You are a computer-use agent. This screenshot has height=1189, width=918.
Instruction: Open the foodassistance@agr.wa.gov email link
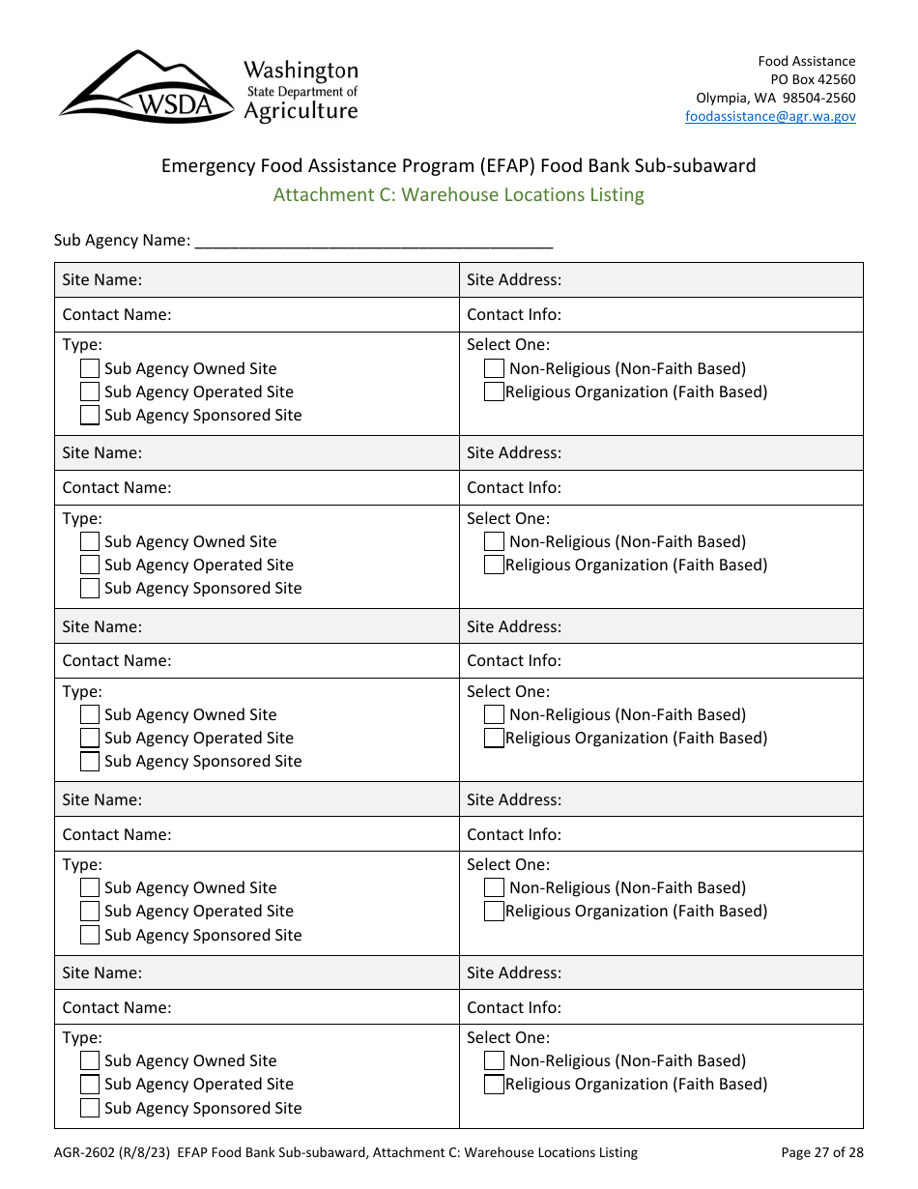pyautogui.click(x=770, y=116)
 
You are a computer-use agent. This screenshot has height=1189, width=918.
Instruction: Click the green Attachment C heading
pyautogui.click(x=458, y=194)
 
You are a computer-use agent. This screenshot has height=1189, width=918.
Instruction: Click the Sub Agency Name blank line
pyautogui.click(x=373, y=240)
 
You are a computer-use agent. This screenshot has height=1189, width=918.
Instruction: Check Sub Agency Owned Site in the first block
pyautogui.click(x=90, y=368)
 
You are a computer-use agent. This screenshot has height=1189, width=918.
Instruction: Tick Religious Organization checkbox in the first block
pyautogui.click(x=494, y=391)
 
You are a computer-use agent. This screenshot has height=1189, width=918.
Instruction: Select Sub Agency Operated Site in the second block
pyautogui.click(x=90, y=565)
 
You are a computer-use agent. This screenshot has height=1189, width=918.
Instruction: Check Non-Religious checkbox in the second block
pyautogui.click(x=494, y=541)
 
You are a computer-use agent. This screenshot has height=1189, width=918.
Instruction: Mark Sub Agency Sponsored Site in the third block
pyautogui.click(x=90, y=761)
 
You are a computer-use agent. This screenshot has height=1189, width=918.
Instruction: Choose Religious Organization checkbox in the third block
pyautogui.click(x=494, y=738)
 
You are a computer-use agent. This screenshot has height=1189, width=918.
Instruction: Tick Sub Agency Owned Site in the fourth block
pyautogui.click(x=90, y=887)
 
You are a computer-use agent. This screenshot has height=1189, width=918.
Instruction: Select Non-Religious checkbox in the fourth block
pyautogui.click(x=494, y=887)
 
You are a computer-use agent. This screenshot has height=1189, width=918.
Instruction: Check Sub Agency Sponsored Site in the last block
pyautogui.click(x=90, y=1108)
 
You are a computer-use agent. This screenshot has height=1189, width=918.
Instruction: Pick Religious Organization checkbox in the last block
pyautogui.click(x=494, y=1084)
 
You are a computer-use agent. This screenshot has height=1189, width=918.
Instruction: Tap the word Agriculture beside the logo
pyautogui.click(x=301, y=111)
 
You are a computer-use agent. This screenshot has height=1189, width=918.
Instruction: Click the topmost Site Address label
pyautogui.click(x=514, y=279)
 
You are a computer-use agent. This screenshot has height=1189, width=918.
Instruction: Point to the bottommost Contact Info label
pyautogui.click(x=514, y=1007)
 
